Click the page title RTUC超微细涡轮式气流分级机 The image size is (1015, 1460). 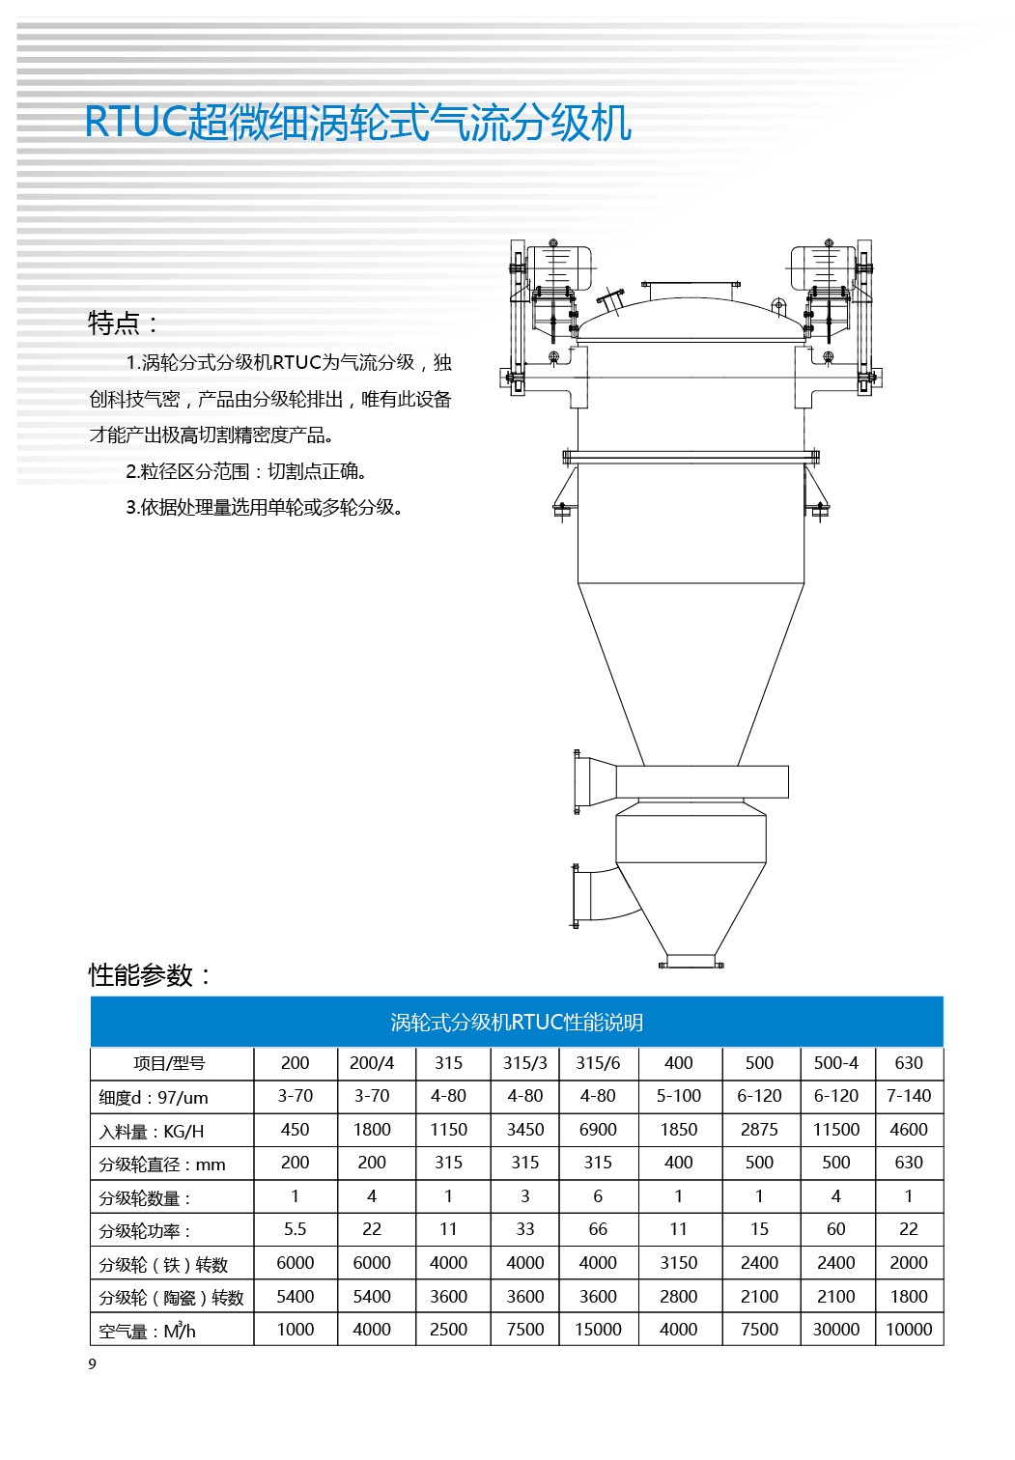(x=358, y=123)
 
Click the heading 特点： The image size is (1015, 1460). (x=123, y=323)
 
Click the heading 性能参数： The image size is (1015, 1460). (x=150, y=975)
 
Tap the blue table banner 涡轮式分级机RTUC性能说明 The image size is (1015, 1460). (x=517, y=1023)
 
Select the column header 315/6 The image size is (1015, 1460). (x=598, y=1063)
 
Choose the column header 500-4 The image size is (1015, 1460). (x=835, y=1063)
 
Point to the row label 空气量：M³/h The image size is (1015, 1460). (x=148, y=1332)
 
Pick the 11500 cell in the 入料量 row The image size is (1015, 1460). (x=835, y=1130)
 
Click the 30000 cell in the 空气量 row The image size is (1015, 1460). (x=835, y=1330)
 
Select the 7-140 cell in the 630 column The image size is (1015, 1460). (x=908, y=1096)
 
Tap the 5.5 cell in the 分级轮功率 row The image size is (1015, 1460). (x=295, y=1229)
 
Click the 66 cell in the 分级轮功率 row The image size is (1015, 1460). (x=598, y=1229)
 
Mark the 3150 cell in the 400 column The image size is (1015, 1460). (x=678, y=1263)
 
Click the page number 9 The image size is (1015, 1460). (x=93, y=1364)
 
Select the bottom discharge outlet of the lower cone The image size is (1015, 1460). (x=691, y=961)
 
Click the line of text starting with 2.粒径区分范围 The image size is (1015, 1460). (x=246, y=471)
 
